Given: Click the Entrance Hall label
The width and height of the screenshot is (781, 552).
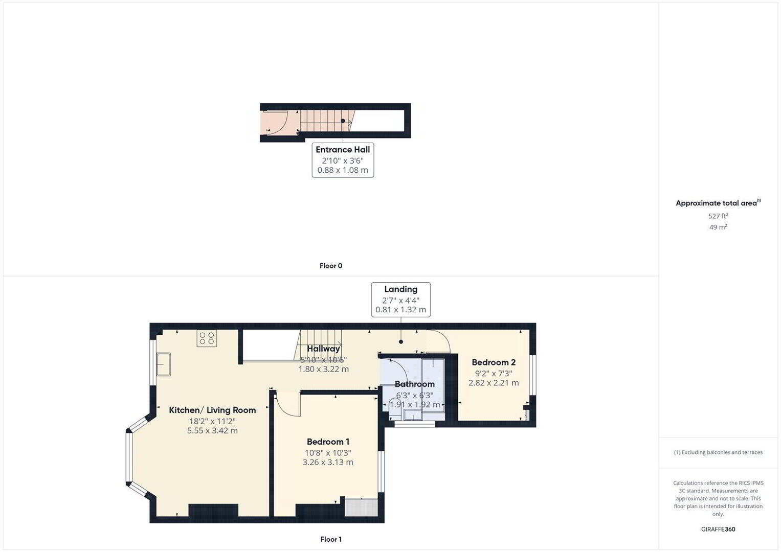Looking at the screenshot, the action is pos(343,149).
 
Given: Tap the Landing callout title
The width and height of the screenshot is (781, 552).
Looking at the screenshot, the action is pos(400,289).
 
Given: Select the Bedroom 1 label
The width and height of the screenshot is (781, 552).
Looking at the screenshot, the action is pos(328,442).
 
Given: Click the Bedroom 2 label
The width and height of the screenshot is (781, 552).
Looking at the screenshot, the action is pos(494,362).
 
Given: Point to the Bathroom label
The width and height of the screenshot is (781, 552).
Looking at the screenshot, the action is pos(415,384).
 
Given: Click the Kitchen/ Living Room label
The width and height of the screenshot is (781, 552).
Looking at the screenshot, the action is pos(212,410).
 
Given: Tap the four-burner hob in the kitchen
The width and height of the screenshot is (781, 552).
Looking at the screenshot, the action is pos(207,338).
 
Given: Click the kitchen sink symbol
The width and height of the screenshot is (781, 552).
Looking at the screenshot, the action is pos(163,364).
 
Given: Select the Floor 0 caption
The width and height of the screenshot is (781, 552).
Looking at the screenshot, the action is pos(331,266).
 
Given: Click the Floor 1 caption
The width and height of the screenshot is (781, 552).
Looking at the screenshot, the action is pos(331,539).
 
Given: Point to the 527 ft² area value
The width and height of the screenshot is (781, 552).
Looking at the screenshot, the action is pos(718,216).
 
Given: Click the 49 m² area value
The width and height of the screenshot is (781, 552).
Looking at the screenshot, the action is pos(718,227).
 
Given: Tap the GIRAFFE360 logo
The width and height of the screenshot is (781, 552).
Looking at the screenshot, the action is pos(718,529).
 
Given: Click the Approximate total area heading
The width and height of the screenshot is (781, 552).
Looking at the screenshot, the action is pos(718,203).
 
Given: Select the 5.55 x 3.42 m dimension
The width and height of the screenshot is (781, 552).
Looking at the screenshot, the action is pos(212,430).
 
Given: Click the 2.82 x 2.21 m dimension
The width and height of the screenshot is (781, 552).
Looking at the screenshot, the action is pos(494,383).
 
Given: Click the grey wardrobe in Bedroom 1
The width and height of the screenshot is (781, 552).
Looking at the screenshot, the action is pos(361,507).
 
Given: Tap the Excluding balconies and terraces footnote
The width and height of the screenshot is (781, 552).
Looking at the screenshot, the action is pos(718,452).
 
